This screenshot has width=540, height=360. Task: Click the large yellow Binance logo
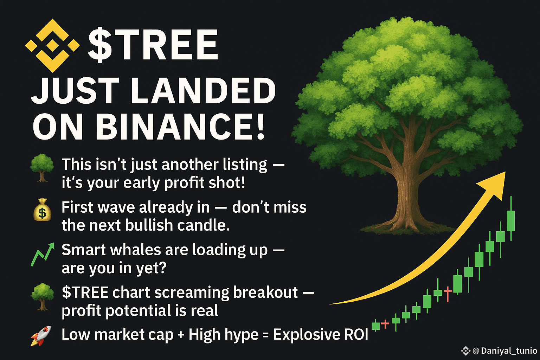tap(52, 46)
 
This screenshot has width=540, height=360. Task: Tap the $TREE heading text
tap(153, 45)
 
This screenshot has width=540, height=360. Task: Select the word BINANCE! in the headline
tap(181, 127)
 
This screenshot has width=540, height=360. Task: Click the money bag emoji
tap(42, 210)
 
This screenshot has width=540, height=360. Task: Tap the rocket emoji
tap(41, 336)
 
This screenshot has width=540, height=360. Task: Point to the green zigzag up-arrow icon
tap(43, 255)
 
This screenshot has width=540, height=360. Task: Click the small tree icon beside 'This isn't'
tap(42, 168)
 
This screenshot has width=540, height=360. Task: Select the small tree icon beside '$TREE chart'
tap(43, 297)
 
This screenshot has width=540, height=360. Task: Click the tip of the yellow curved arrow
tap(505, 172)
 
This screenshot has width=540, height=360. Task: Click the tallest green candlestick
tap(511, 218)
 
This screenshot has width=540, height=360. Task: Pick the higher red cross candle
tap(448, 294)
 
